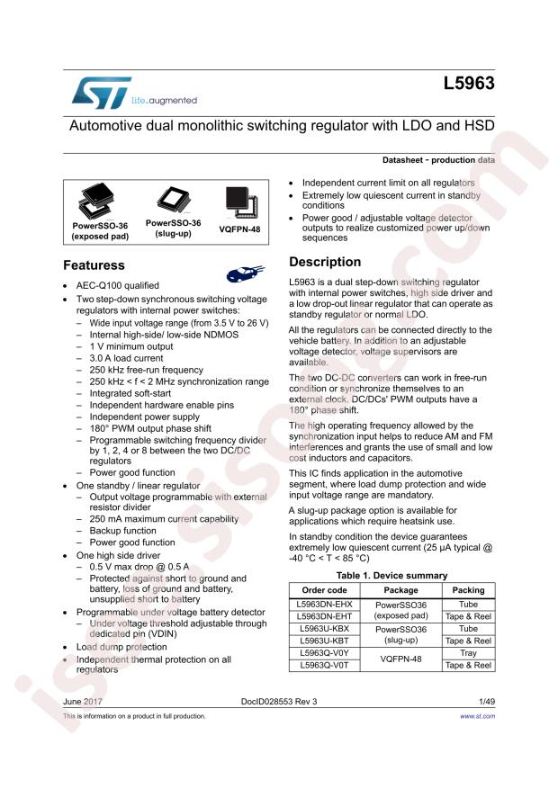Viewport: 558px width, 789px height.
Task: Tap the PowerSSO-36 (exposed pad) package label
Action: coord(100,231)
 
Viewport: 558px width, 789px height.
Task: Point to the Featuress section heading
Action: coord(94,266)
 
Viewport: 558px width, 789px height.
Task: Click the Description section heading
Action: coord(324,262)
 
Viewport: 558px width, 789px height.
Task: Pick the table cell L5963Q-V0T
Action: coord(323,665)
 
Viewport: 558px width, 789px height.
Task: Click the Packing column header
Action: coord(468,590)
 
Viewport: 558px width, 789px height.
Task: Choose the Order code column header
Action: coord(323,590)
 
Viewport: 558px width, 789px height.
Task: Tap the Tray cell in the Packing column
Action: coord(468,653)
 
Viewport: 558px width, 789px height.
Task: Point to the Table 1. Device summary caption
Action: coord(391,575)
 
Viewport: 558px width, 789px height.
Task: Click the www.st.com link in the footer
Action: coord(477,716)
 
